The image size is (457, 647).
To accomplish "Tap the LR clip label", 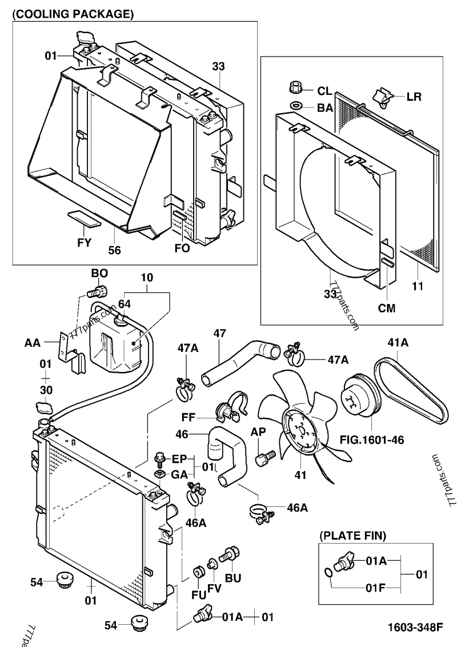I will [414, 97].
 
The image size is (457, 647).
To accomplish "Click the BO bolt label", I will [99, 273].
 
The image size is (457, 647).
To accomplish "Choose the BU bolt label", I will [233, 578].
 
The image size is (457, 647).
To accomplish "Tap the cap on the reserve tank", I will [122, 320].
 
